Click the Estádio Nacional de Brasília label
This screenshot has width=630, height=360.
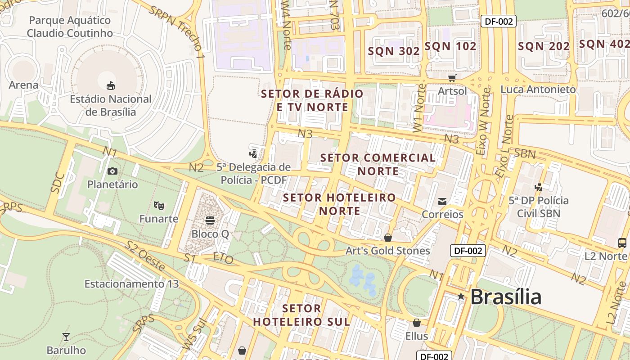click(x=110, y=105)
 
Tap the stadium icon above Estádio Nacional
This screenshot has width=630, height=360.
click(x=110, y=85)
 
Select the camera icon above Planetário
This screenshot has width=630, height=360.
click(x=112, y=171)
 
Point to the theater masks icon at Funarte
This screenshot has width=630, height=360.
click(x=158, y=206)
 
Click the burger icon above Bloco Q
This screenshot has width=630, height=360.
click(x=210, y=220)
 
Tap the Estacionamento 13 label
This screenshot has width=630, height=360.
click(x=131, y=284)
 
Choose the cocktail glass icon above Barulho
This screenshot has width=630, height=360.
click(x=66, y=337)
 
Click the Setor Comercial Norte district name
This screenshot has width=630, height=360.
click(x=378, y=164)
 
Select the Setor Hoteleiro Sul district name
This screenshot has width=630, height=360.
click(x=301, y=315)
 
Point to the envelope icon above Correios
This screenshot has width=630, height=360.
click(x=442, y=201)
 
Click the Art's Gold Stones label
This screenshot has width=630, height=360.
click(x=387, y=251)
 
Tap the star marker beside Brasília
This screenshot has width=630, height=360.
click(x=461, y=297)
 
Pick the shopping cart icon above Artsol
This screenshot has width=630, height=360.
click(x=452, y=78)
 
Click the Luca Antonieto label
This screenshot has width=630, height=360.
click(x=538, y=89)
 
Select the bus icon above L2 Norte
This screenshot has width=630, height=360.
click(x=623, y=243)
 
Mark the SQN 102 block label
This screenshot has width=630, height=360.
click(x=450, y=46)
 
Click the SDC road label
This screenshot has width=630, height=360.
click(x=58, y=183)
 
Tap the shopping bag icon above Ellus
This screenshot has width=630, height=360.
click(x=417, y=323)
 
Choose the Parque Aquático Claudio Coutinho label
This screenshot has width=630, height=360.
click(x=70, y=27)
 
